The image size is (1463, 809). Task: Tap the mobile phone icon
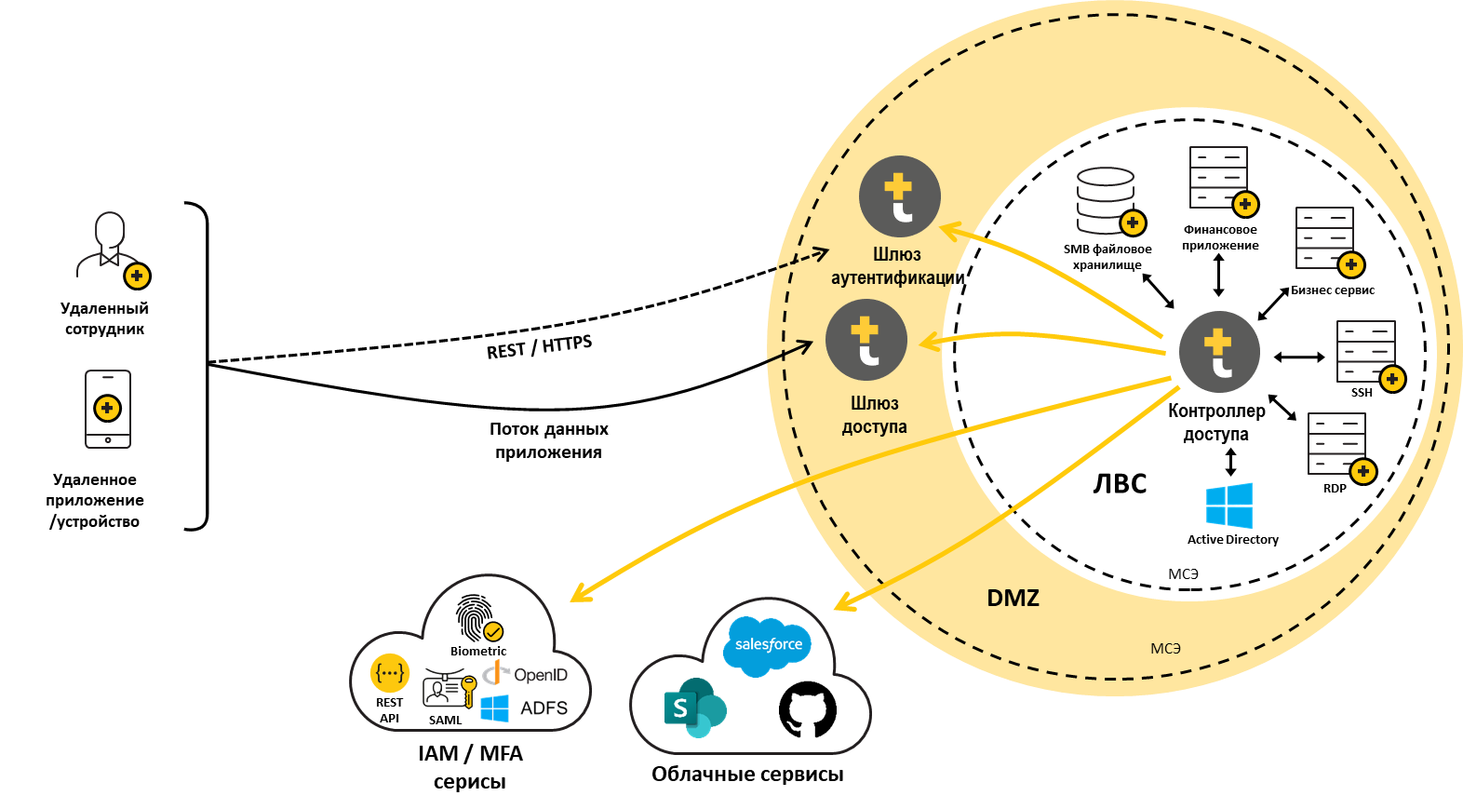pyautogui.click(x=108, y=409)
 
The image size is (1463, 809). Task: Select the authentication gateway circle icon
pyautogui.click(x=899, y=196)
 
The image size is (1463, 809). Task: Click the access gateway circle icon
pyautogui.click(x=866, y=340)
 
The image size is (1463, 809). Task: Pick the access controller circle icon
pyautogui.click(x=1219, y=352)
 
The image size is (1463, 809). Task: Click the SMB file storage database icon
pyautogui.click(x=1107, y=200)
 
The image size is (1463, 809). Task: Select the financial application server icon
pyautogui.click(x=1218, y=177)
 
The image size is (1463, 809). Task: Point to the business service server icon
pyautogui.click(x=1324, y=237)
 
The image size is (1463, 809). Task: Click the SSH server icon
pyautogui.click(x=1365, y=351)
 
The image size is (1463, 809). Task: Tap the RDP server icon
pyautogui.click(x=1336, y=443)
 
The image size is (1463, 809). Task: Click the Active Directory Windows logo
pyautogui.click(x=1229, y=506)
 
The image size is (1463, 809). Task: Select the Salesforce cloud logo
pyautogui.click(x=768, y=644)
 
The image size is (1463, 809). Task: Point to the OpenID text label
pyautogui.click(x=540, y=674)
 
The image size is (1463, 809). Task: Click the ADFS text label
pyautogui.click(x=544, y=708)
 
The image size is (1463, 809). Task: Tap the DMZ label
pyautogui.click(x=1013, y=598)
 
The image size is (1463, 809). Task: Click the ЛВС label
pyautogui.click(x=1120, y=484)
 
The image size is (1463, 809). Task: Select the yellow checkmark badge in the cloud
pyautogui.click(x=493, y=632)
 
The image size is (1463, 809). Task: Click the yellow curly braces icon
pyautogui.click(x=390, y=672)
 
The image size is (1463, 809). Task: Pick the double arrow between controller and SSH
pyautogui.click(x=1299, y=357)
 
